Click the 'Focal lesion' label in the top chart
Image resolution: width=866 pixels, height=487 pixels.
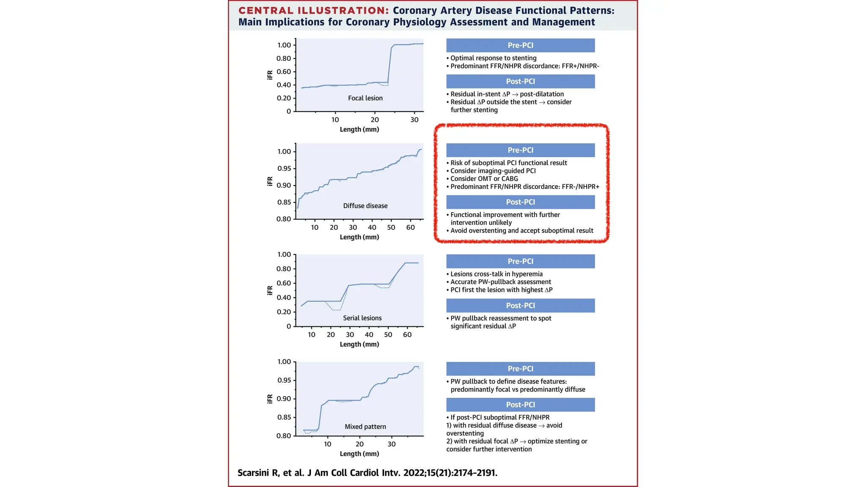(365, 98)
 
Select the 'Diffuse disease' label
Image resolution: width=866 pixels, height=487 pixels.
(365, 206)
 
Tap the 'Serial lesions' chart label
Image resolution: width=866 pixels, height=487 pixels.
(362, 318)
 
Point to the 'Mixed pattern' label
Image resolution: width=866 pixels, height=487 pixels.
(365, 427)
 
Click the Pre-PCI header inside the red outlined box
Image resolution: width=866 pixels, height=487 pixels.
(520, 150)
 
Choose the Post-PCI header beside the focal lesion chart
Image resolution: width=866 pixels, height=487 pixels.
(520, 81)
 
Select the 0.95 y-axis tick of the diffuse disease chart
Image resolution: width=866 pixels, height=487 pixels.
(284, 169)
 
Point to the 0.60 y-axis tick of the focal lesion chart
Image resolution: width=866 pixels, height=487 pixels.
(284, 71)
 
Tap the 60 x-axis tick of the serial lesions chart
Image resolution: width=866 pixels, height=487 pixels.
(407, 335)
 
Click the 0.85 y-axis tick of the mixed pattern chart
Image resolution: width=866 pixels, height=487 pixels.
(284, 417)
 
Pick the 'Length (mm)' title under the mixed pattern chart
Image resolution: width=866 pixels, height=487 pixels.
(359, 454)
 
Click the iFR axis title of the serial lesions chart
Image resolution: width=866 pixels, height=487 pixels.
(270, 290)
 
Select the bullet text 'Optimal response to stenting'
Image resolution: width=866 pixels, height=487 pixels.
(493, 58)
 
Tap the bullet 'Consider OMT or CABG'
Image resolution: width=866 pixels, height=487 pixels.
(484, 178)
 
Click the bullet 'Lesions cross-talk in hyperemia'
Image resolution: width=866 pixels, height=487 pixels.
(496, 274)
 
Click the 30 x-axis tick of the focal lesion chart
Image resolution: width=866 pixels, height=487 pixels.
(414, 120)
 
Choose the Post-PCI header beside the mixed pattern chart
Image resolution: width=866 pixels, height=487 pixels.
(520, 405)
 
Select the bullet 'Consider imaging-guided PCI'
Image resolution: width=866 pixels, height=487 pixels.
(493, 171)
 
